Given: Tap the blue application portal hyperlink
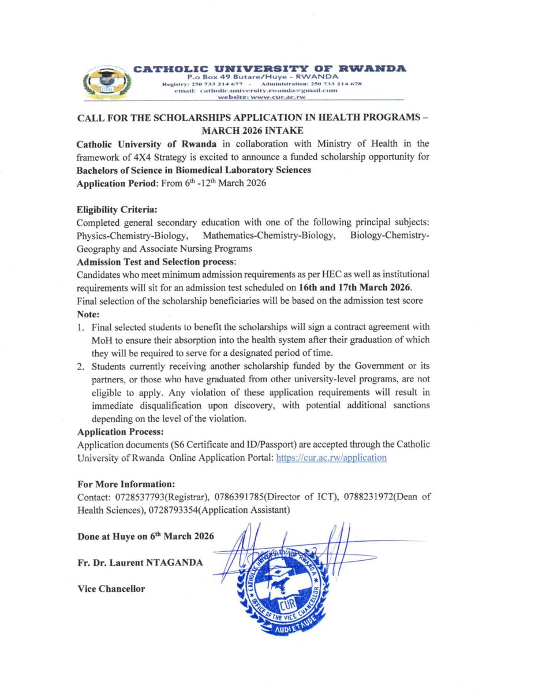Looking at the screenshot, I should (331, 457).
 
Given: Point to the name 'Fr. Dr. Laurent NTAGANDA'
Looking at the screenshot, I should (140, 562).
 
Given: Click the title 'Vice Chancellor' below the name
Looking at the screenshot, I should (111, 588).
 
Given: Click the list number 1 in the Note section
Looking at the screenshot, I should (81, 327).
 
